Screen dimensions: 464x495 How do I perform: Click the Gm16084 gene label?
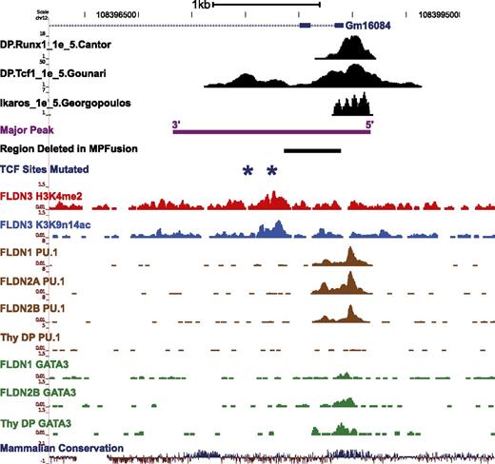tap(366, 29)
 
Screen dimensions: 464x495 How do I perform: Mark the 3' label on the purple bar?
tap(175, 124)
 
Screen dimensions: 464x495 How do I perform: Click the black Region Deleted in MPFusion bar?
tap(312, 149)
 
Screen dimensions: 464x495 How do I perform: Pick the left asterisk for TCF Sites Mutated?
tap(247, 170)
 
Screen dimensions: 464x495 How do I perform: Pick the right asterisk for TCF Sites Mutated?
tap(272, 170)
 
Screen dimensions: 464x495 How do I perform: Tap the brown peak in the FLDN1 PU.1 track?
tap(350, 257)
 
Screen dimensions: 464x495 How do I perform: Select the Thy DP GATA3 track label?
tap(48, 423)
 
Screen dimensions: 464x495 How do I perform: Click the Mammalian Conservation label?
tap(62, 448)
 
